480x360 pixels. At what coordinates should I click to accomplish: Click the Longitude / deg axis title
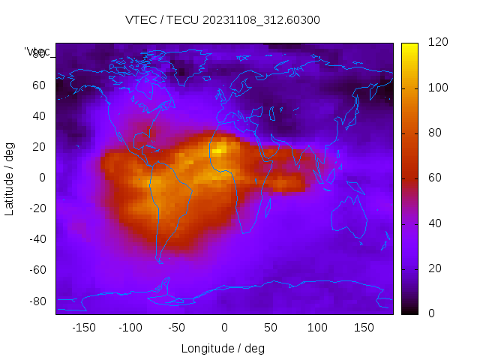click(x=223, y=349)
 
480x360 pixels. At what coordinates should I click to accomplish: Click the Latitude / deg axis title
click(x=10, y=178)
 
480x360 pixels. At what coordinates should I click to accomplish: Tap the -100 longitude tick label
click(x=130, y=328)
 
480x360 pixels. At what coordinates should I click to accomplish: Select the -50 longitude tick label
click(x=177, y=328)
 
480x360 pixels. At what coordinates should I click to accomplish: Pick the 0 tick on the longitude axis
click(x=224, y=328)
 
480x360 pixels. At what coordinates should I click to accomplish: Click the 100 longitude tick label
click(x=317, y=328)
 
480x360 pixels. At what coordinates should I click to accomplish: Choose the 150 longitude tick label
click(x=364, y=328)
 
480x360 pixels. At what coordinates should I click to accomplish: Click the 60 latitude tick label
click(x=39, y=85)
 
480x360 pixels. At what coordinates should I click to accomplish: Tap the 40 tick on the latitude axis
click(x=39, y=116)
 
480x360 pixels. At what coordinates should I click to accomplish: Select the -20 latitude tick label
click(x=37, y=208)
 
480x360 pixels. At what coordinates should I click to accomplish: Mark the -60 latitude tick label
click(x=37, y=270)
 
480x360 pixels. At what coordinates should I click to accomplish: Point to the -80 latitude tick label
click(x=37, y=301)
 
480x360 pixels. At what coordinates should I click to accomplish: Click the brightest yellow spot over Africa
click(x=217, y=151)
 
